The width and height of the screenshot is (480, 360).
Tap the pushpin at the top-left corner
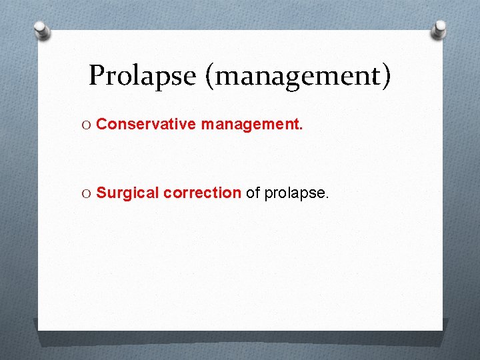click(41, 29)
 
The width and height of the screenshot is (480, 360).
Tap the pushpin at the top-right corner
click(439, 29)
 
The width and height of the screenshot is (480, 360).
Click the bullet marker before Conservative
click(87, 124)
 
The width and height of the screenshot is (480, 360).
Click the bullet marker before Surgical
click(87, 193)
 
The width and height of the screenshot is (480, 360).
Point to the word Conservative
click(146, 123)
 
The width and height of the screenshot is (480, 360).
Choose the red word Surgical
click(128, 193)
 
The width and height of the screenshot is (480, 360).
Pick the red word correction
click(202, 193)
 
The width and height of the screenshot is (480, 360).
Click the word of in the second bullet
click(253, 193)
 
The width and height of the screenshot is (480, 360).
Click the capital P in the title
click(97, 75)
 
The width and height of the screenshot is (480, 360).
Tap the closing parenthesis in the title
click(387, 76)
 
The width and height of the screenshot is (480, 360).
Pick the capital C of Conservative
click(102, 123)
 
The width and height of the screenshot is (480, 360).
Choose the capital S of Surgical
click(101, 193)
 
